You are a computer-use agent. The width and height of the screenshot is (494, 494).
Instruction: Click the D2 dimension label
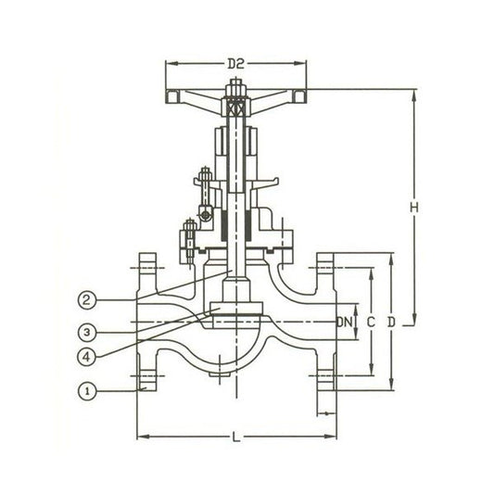[x=236, y=64]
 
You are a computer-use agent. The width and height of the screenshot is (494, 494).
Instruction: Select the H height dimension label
[x=414, y=208]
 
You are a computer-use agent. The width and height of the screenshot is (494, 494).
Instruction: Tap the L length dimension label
[x=236, y=437]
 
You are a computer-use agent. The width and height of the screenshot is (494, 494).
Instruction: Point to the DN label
[x=345, y=322]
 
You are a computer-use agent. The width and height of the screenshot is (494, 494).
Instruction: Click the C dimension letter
[x=371, y=322]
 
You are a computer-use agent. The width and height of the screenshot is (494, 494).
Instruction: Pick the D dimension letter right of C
[x=391, y=322]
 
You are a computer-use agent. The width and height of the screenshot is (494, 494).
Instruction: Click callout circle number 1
[x=87, y=392]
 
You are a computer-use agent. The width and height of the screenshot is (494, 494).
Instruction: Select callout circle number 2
[x=86, y=299]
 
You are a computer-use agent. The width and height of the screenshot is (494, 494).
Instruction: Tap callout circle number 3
[x=87, y=332]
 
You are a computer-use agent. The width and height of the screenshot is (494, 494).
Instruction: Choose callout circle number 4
[x=86, y=357]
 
